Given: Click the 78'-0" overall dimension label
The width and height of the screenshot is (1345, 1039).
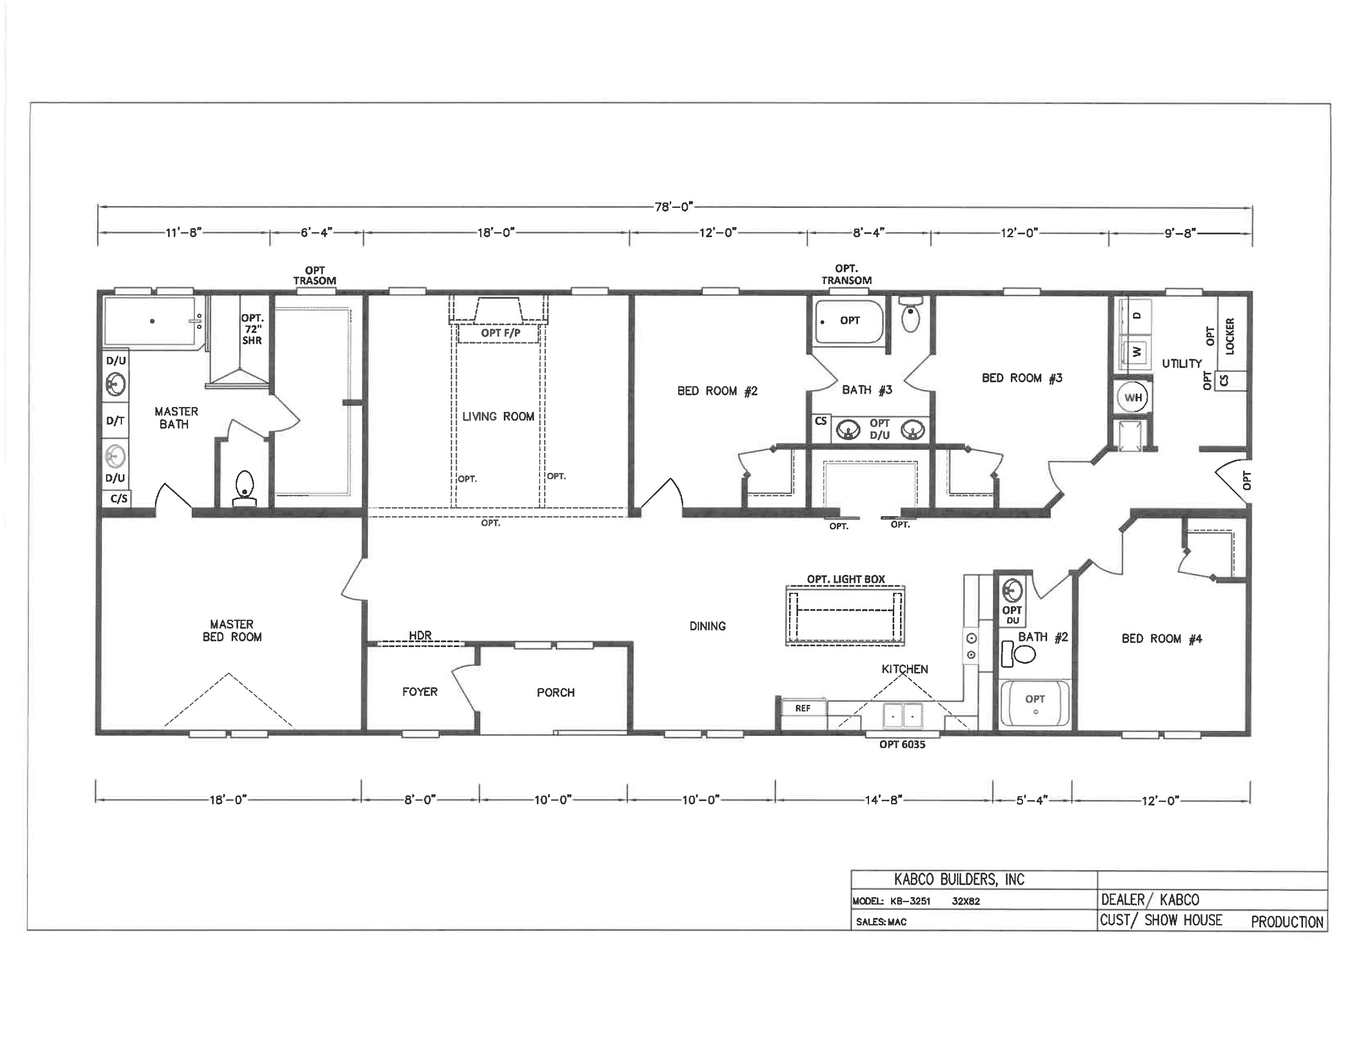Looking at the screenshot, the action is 674,207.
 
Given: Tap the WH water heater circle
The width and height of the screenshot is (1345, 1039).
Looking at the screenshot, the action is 1133,397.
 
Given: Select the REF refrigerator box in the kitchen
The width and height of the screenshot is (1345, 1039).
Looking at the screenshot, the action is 802,708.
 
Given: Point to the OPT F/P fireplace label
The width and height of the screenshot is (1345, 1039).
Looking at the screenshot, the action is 501,333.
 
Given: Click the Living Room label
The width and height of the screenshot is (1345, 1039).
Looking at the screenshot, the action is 498,417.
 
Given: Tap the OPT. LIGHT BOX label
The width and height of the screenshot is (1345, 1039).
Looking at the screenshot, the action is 846,579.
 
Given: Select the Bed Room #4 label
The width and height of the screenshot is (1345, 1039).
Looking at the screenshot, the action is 1162,639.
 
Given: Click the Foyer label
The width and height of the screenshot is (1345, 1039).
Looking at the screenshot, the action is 420,692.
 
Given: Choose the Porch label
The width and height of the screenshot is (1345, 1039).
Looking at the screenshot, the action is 555,692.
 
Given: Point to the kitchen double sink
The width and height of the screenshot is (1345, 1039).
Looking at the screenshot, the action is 903,715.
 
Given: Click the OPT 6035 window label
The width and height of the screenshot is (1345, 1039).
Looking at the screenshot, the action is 902,745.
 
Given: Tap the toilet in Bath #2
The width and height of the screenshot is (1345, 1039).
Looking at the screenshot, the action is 1019,654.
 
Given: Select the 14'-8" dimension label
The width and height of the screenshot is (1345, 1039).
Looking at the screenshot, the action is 884,800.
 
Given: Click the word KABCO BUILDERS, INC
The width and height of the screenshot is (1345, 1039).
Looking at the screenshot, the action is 959,879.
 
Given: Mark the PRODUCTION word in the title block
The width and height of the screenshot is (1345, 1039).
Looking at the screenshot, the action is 1287,922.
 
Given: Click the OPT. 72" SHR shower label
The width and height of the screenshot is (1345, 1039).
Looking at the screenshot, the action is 252,329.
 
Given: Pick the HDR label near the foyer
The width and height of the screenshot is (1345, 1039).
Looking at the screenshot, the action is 420,635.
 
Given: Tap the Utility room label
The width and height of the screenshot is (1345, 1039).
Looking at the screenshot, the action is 1182,363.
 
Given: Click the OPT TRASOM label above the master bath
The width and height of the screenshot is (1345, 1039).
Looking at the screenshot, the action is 315,275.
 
